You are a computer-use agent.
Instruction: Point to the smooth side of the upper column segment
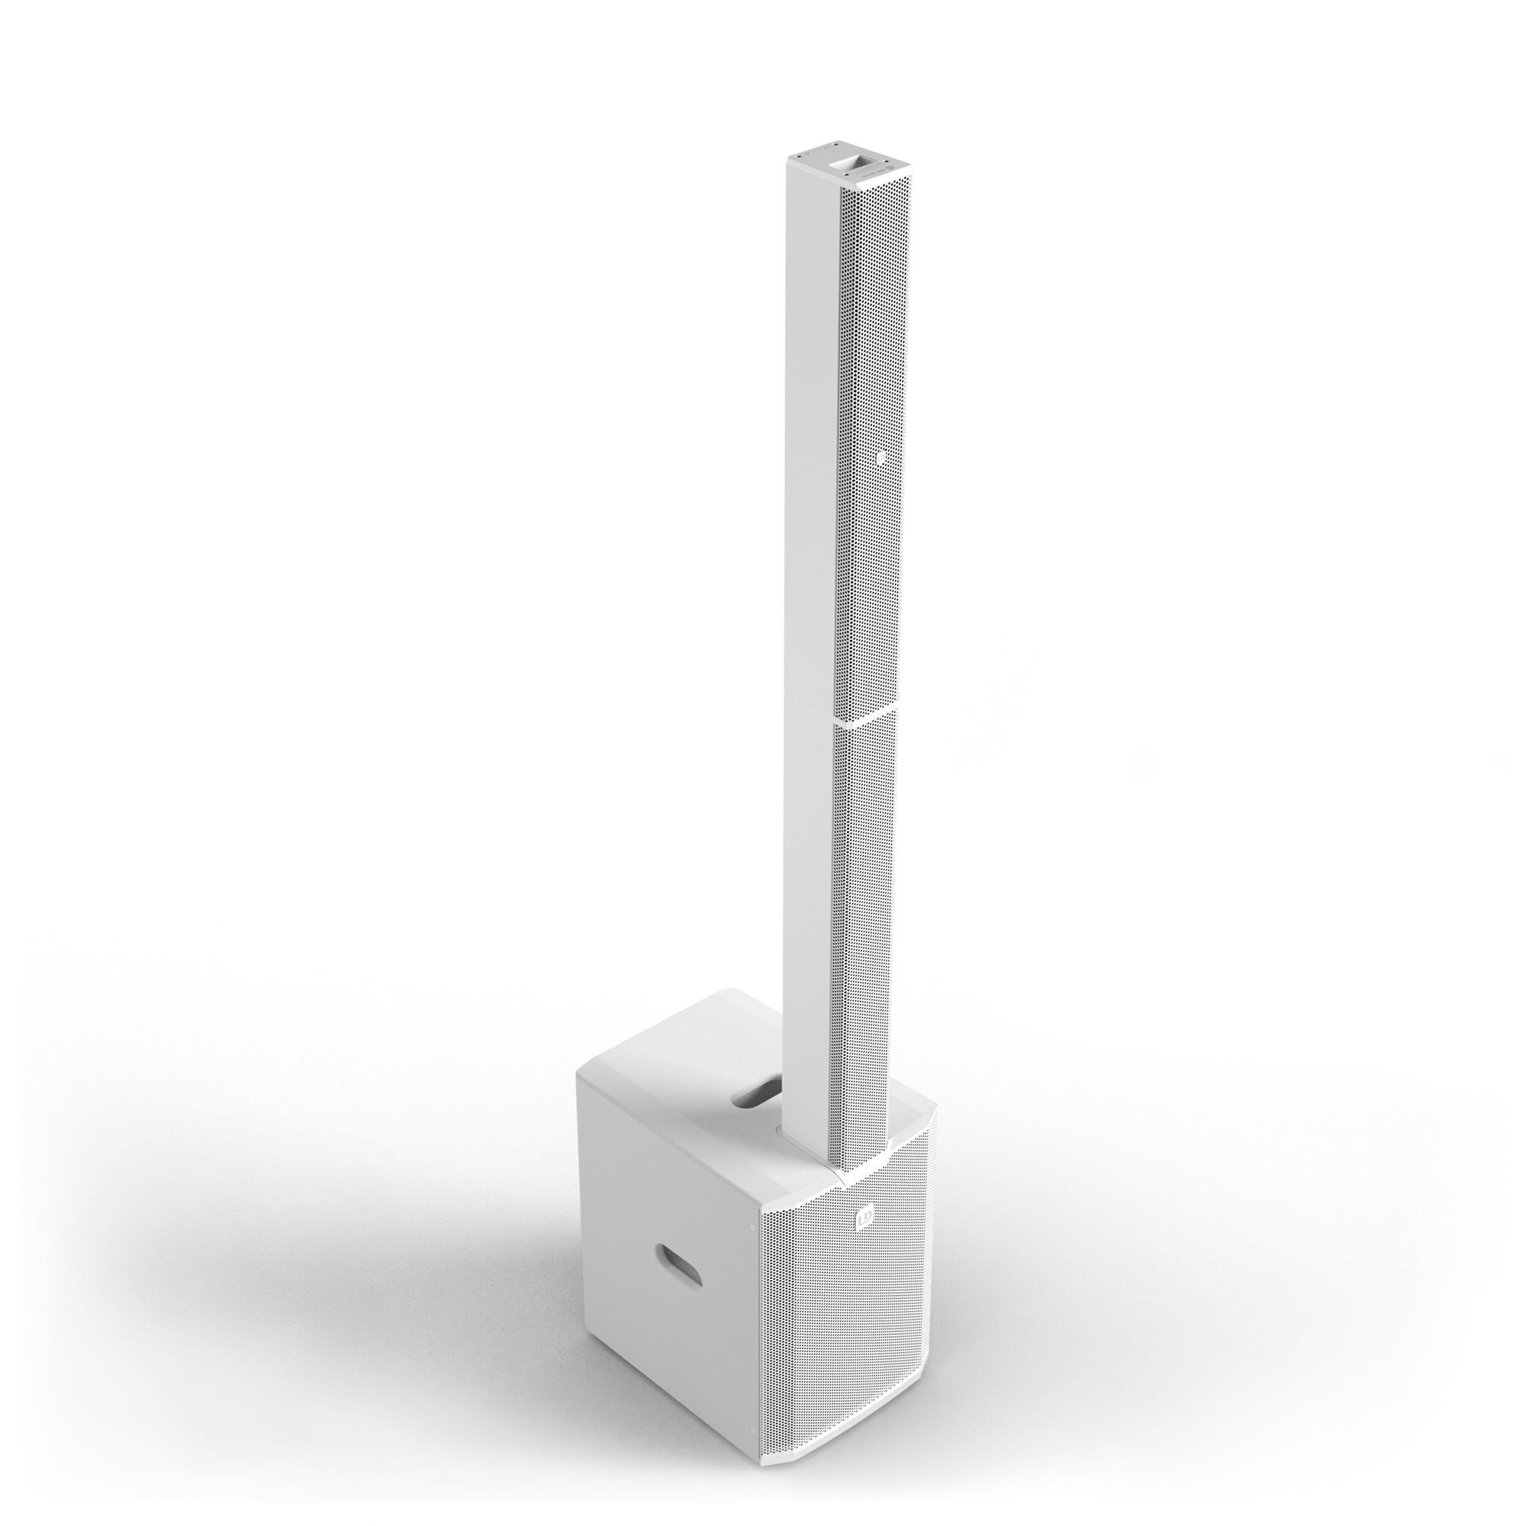coord(810,434)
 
